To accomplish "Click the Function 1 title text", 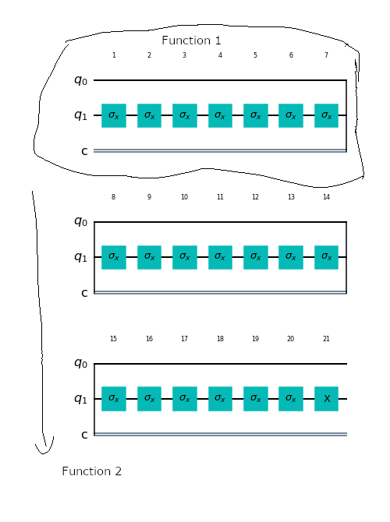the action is [191, 41].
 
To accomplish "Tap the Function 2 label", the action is [92, 471].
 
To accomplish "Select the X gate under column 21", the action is [326, 399].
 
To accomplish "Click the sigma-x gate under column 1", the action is [114, 115].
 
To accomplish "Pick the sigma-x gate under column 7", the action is [326, 115].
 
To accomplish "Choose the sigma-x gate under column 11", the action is [220, 257].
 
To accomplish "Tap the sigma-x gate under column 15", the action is [114, 399].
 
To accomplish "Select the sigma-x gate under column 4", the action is [220, 115].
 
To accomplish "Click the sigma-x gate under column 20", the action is [291, 399].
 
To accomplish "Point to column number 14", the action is [326, 197].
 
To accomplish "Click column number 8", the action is [113, 197].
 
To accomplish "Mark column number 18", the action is [220, 339].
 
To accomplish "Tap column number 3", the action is [184, 55].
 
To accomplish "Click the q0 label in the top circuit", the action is [80, 80].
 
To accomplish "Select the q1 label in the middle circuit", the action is [80, 257].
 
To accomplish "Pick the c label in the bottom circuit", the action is [84, 435].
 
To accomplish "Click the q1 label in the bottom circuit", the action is [80, 398].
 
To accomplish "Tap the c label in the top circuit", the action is [84, 151].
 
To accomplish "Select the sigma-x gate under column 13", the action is [291, 257].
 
